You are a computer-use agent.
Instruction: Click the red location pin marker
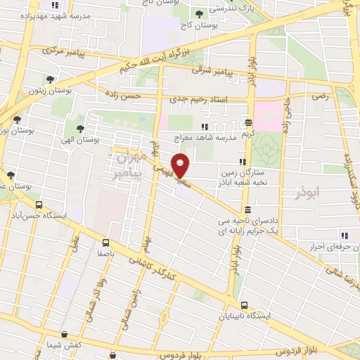[181, 166]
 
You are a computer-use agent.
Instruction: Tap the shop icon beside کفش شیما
[65, 335]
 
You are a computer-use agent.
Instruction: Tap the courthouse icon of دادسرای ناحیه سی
[247, 210]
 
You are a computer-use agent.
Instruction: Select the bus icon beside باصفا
[105, 243]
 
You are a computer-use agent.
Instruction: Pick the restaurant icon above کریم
[247, 121]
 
